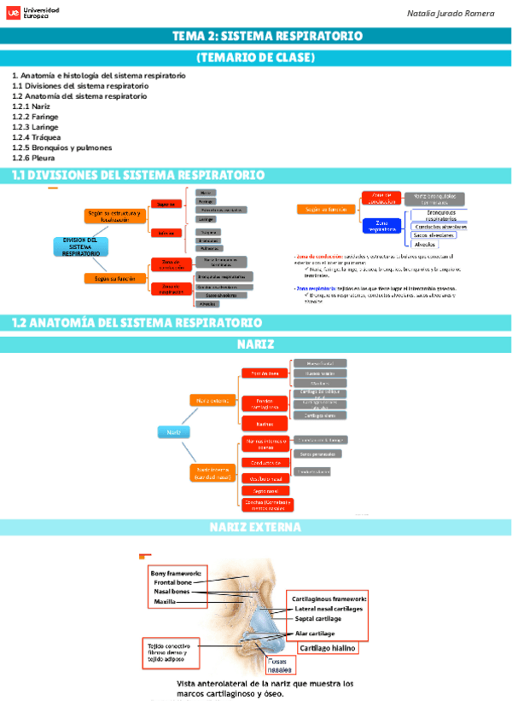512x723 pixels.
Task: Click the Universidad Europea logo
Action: pyautogui.click(x=33, y=14)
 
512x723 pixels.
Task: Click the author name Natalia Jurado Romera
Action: pyautogui.click(x=450, y=14)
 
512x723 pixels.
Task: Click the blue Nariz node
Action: pyautogui.click(x=173, y=432)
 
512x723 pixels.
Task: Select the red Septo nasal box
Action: pyautogui.click(x=265, y=491)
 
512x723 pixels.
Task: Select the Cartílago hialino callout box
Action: pyautogui.click(x=326, y=648)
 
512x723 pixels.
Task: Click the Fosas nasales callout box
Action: pyautogui.click(x=279, y=665)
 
